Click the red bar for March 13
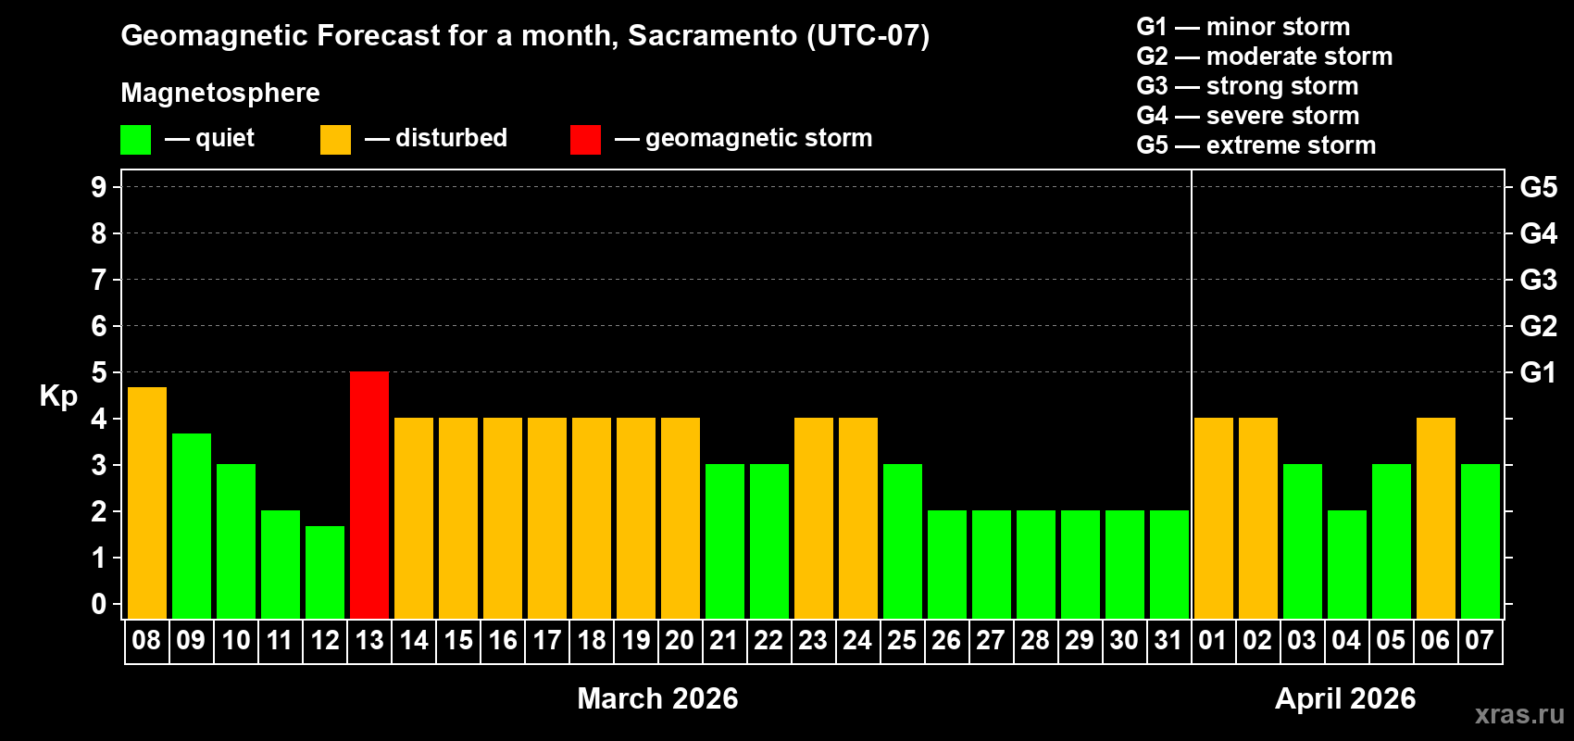coord(369,495)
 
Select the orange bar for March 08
coord(146,502)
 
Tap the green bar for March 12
coord(325,571)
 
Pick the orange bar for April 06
coord(1435,518)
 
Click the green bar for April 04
coord(1346,564)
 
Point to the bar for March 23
coord(813,518)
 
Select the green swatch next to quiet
coord(135,140)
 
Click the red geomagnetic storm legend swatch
coord(585,140)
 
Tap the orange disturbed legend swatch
coord(335,140)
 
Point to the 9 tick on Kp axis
coord(99,187)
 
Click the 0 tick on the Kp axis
coord(99,604)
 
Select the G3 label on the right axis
coord(1538,280)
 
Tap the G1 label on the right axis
coord(1538,372)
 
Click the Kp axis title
coord(58,396)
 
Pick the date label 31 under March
coord(1168,640)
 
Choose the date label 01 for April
coord(1213,640)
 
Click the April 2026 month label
coord(1345,698)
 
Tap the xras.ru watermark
coord(1519,713)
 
